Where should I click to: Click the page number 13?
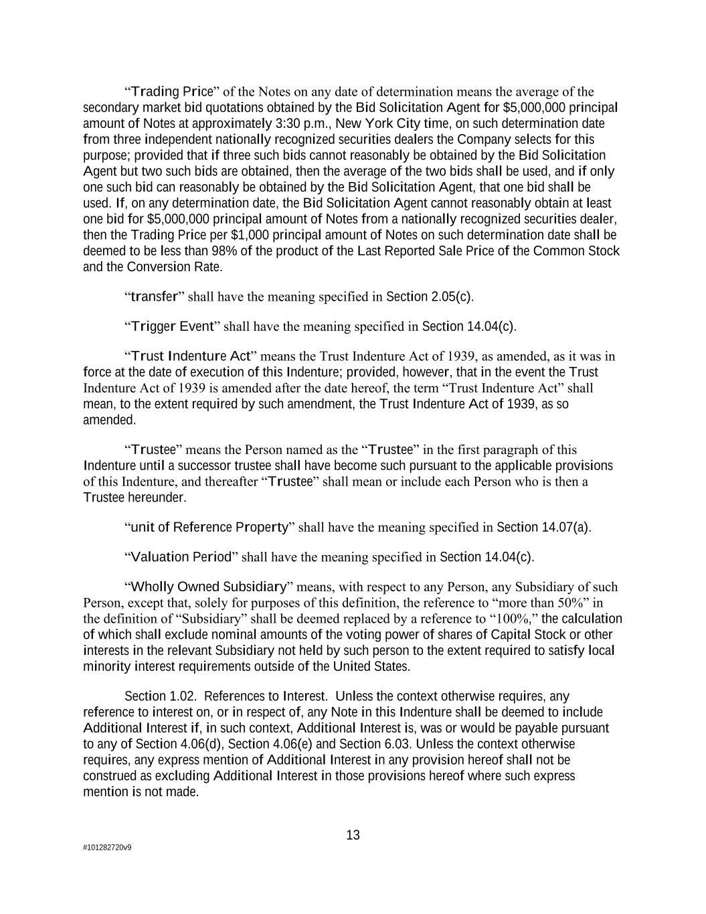(353, 835)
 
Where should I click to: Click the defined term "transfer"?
(154, 297)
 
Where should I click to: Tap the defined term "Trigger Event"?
(172, 326)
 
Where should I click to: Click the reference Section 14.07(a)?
(543, 527)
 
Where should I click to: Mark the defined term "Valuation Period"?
(181, 557)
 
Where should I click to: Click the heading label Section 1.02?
(161, 696)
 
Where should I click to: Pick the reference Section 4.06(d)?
(174, 744)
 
